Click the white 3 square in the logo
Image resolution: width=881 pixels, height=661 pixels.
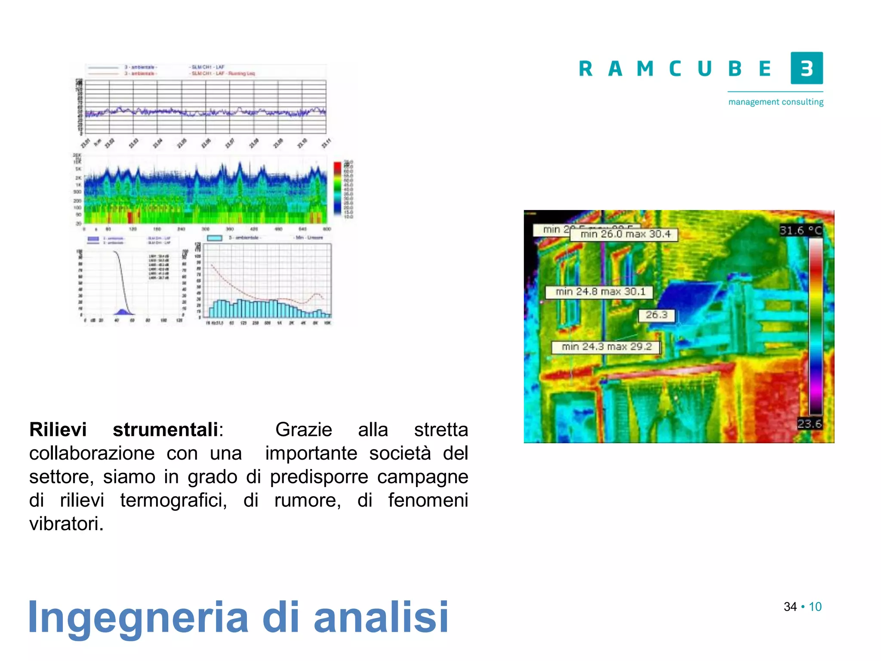pos(807,68)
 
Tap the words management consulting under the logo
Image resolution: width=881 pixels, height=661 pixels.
pos(776,102)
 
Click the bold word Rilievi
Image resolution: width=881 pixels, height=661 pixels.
pos(58,429)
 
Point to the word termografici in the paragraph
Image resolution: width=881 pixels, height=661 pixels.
pos(173,500)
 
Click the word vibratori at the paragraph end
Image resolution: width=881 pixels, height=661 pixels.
pos(66,524)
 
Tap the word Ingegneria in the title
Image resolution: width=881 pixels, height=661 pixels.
pos(138,618)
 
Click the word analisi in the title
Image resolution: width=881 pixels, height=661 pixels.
pos(381,617)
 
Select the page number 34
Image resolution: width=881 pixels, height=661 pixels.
pos(790,607)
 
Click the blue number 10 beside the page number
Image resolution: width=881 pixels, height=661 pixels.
pos(815,607)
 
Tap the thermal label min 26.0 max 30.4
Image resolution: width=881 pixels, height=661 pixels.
pos(625,234)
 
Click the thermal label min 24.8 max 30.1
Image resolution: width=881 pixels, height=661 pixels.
pos(600,292)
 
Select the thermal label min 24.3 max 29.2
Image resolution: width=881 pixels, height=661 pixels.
pos(606,347)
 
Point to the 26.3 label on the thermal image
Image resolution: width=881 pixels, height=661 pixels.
pos(656,315)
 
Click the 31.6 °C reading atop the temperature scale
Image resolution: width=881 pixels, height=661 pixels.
pos(801,230)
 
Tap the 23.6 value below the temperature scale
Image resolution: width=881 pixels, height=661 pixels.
pos(809,424)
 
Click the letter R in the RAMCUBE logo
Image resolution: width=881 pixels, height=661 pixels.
pos(585,69)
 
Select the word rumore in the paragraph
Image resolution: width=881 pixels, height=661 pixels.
pos(307,500)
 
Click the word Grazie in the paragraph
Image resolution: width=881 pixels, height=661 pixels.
pos(304,429)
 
